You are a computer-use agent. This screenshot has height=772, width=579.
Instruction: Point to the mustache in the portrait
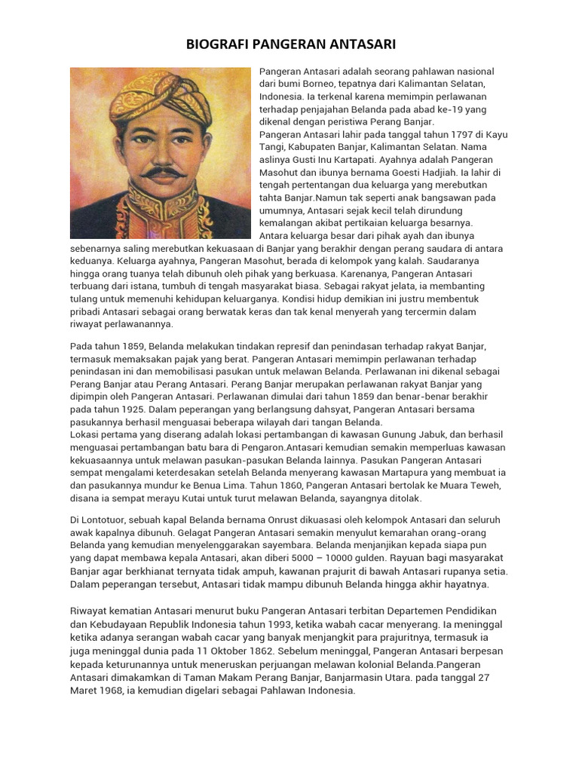click(162, 172)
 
